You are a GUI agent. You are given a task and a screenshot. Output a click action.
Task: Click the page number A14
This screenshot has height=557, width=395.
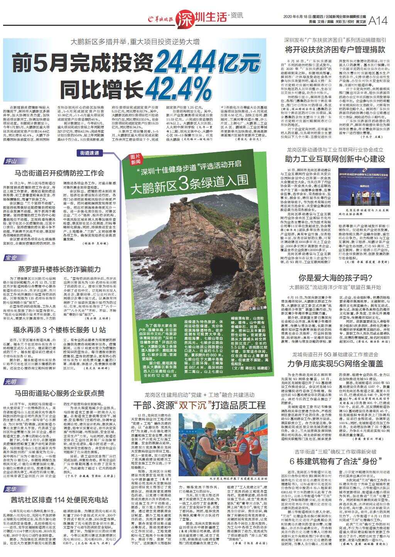pyautogui.click(x=378, y=22)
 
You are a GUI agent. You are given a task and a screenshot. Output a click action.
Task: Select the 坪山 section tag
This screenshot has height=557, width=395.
pyautogui.click(x=12, y=161)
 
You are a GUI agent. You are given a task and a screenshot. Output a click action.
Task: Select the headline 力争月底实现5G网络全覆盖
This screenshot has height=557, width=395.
pyautogui.click(x=335, y=363)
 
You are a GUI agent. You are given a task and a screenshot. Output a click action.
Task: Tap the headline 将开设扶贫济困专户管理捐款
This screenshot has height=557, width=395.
pyautogui.click(x=335, y=49)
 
